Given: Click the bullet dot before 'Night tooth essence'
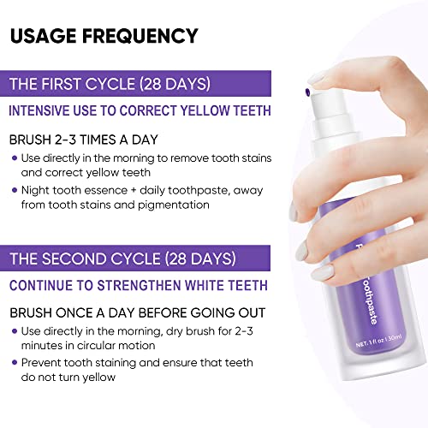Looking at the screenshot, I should (x=15, y=191).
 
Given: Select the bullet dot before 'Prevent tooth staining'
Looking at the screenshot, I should (x=15, y=364).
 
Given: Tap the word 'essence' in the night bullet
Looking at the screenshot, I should (x=106, y=191).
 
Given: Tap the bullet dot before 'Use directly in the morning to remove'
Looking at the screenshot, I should (x=15, y=158).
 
